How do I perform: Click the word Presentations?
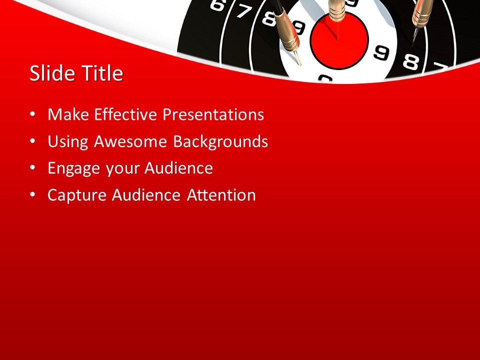(x=214, y=115)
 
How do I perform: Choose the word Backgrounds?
(x=220, y=142)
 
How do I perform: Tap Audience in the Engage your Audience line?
(x=178, y=168)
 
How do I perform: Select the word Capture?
(x=76, y=195)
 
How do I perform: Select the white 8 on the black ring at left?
(x=269, y=18)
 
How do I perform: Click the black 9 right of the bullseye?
(x=381, y=51)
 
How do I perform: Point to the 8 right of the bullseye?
(x=410, y=62)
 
